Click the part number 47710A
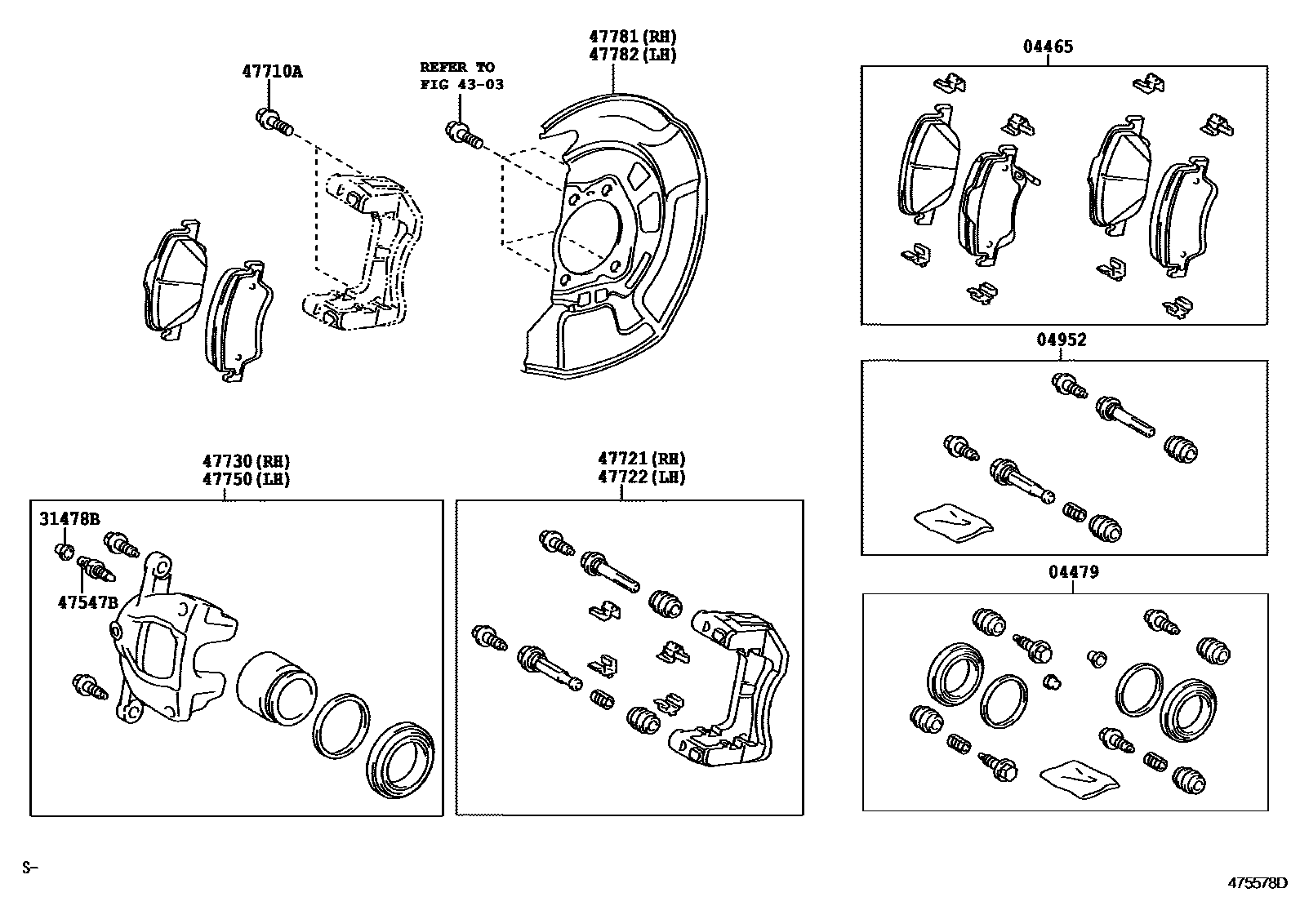pos(271,71)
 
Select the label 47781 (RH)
pos(633,37)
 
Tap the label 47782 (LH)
pos(633,55)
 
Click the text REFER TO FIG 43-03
pos(461,75)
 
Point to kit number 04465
pos(1048,47)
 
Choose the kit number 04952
pos(1062,340)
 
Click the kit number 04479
pos(1073,572)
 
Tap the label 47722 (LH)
pos(641,477)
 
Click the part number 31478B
pos(69,518)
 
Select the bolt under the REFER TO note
pos(463,133)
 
